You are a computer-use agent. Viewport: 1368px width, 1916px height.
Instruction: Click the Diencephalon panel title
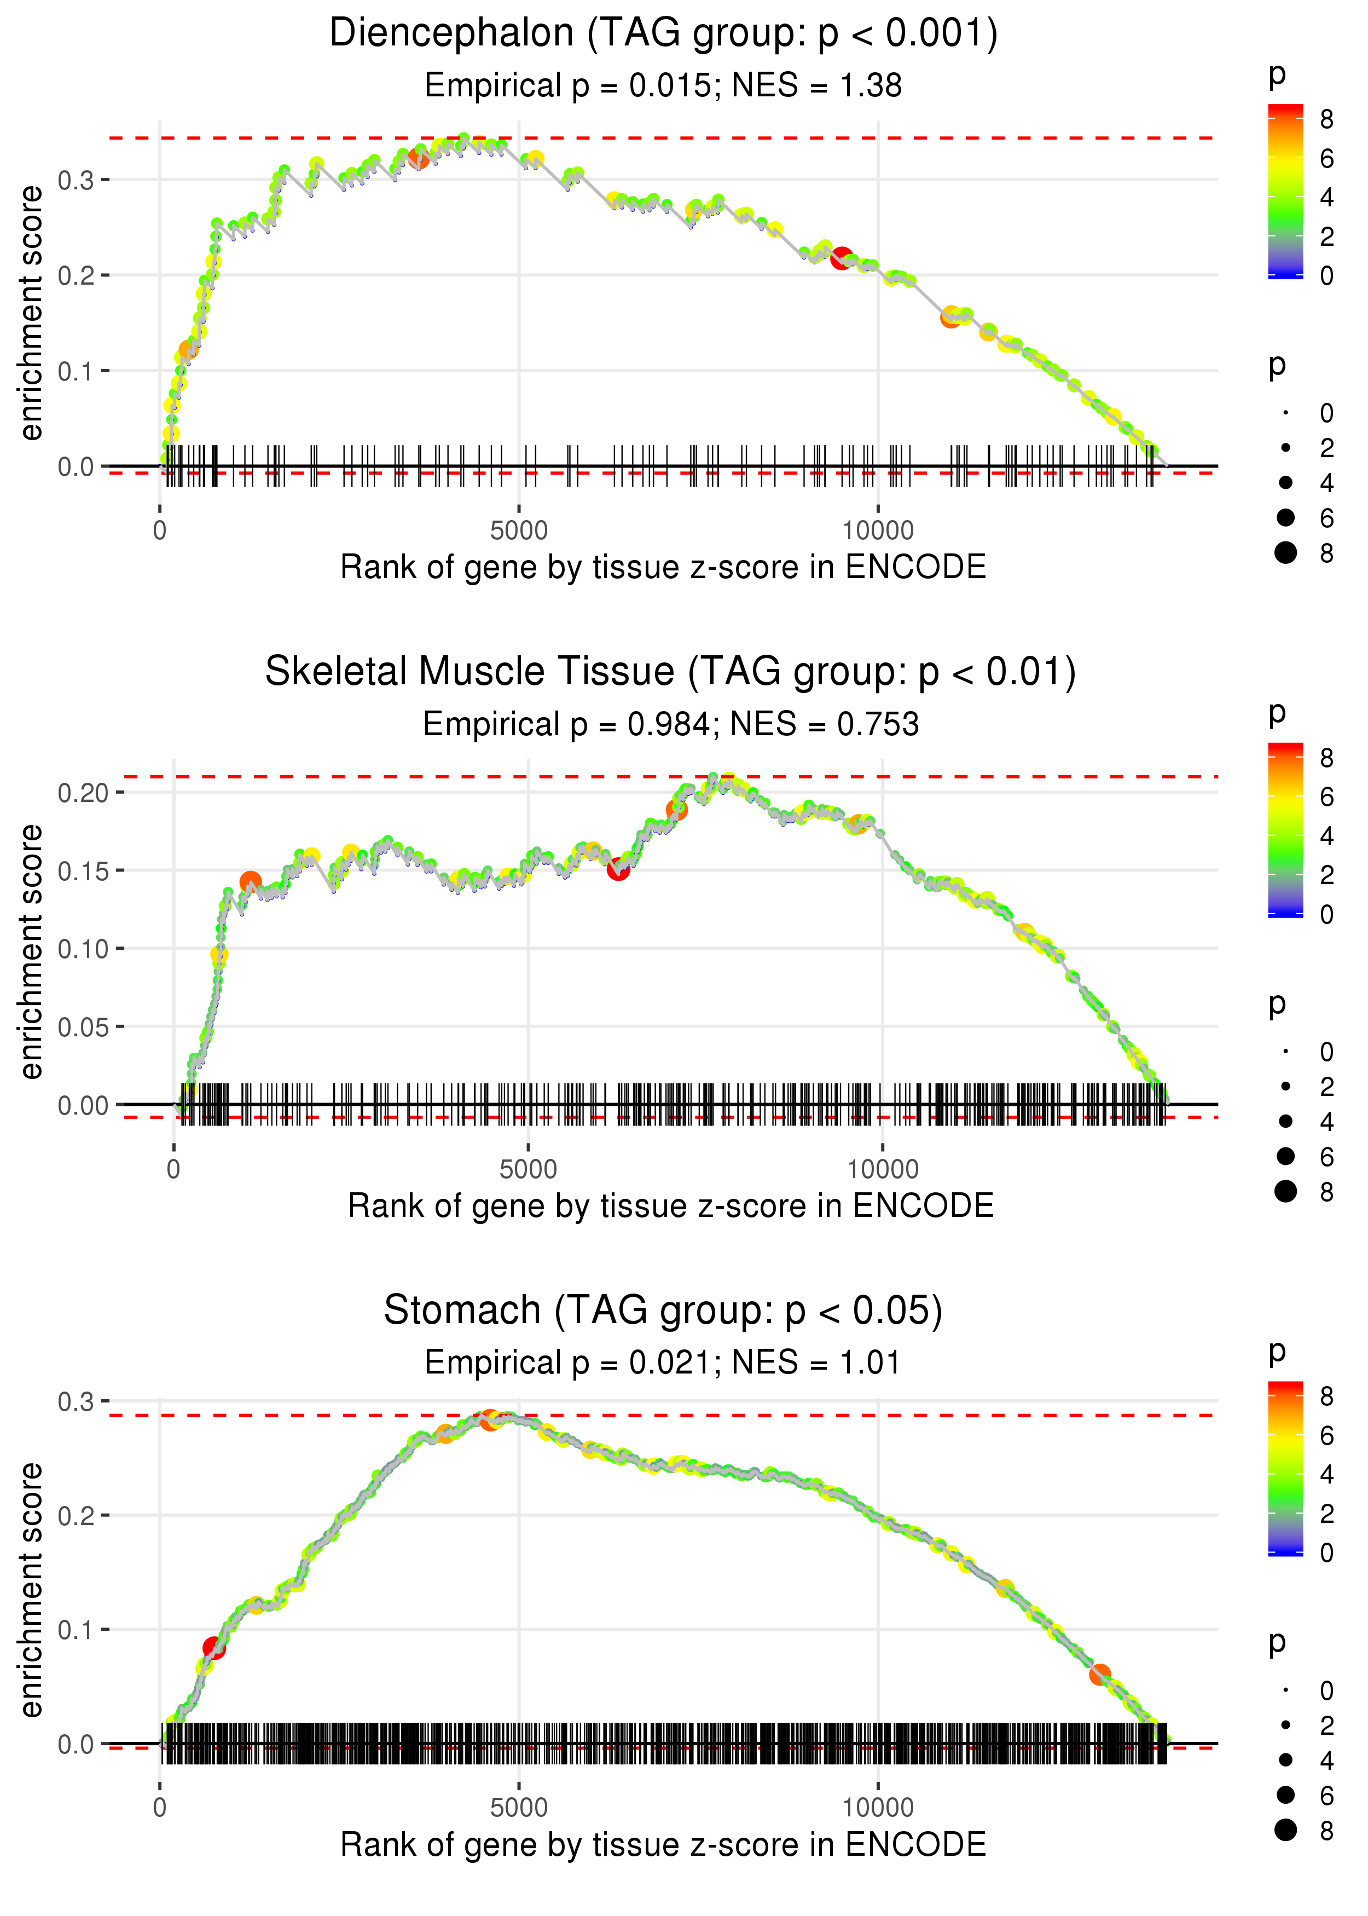pos(663,34)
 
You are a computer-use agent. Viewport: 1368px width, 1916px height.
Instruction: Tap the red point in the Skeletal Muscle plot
pos(618,869)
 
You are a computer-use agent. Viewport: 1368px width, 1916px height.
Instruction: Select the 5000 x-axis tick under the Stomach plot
pos(519,1807)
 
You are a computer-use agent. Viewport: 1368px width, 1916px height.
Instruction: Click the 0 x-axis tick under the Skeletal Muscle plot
pos(173,1169)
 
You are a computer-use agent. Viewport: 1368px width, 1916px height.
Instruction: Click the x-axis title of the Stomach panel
pos(663,1844)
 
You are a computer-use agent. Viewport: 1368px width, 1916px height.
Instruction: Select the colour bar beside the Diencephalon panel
pos(1285,191)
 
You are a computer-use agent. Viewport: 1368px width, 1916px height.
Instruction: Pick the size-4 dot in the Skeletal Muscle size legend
pos(1285,1121)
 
